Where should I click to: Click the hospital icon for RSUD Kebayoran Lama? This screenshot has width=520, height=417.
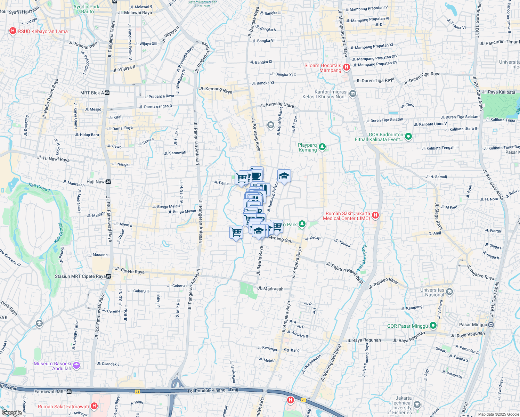13,31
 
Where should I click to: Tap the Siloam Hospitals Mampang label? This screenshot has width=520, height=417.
323,68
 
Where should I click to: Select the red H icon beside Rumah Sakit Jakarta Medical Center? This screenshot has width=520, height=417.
375,215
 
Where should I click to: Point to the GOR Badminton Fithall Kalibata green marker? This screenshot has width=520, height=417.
408,137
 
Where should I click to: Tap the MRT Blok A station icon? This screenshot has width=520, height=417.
107,93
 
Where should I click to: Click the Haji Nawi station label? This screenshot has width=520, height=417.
96,182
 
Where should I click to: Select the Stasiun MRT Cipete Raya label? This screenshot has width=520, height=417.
80,276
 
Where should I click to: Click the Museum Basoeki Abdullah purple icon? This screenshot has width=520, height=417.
77,366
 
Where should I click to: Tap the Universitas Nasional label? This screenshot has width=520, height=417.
432,292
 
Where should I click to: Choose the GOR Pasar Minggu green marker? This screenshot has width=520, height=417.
433,326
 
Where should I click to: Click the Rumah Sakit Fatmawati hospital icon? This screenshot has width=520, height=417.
94,406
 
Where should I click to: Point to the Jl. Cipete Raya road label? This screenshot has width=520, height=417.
130,271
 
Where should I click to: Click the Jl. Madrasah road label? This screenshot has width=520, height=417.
270,289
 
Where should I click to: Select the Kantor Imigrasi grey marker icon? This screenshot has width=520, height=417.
353,93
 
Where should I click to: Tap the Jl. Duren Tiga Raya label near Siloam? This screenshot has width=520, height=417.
375,80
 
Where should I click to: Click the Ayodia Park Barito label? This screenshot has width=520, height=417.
86,9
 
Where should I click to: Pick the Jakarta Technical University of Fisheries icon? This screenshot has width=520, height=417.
417,405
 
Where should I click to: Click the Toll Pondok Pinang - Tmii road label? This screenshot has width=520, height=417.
213,390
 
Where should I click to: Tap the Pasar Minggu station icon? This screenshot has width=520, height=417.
491,325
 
